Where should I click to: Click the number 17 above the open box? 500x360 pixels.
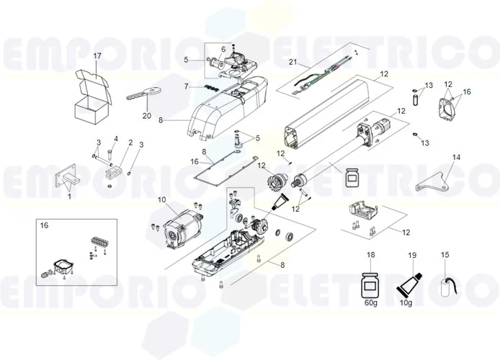(98, 55)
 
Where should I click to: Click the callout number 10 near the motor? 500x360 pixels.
(161, 199)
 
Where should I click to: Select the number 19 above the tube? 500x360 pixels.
(413, 256)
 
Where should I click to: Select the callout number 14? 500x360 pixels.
(455, 157)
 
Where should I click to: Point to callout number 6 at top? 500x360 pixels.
(223, 48)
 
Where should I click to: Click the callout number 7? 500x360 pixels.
(186, 86)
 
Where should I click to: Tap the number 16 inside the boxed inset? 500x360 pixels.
(44, 225)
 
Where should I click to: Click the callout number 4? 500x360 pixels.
(115, 138)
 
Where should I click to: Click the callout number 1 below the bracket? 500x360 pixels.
(68, 196)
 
